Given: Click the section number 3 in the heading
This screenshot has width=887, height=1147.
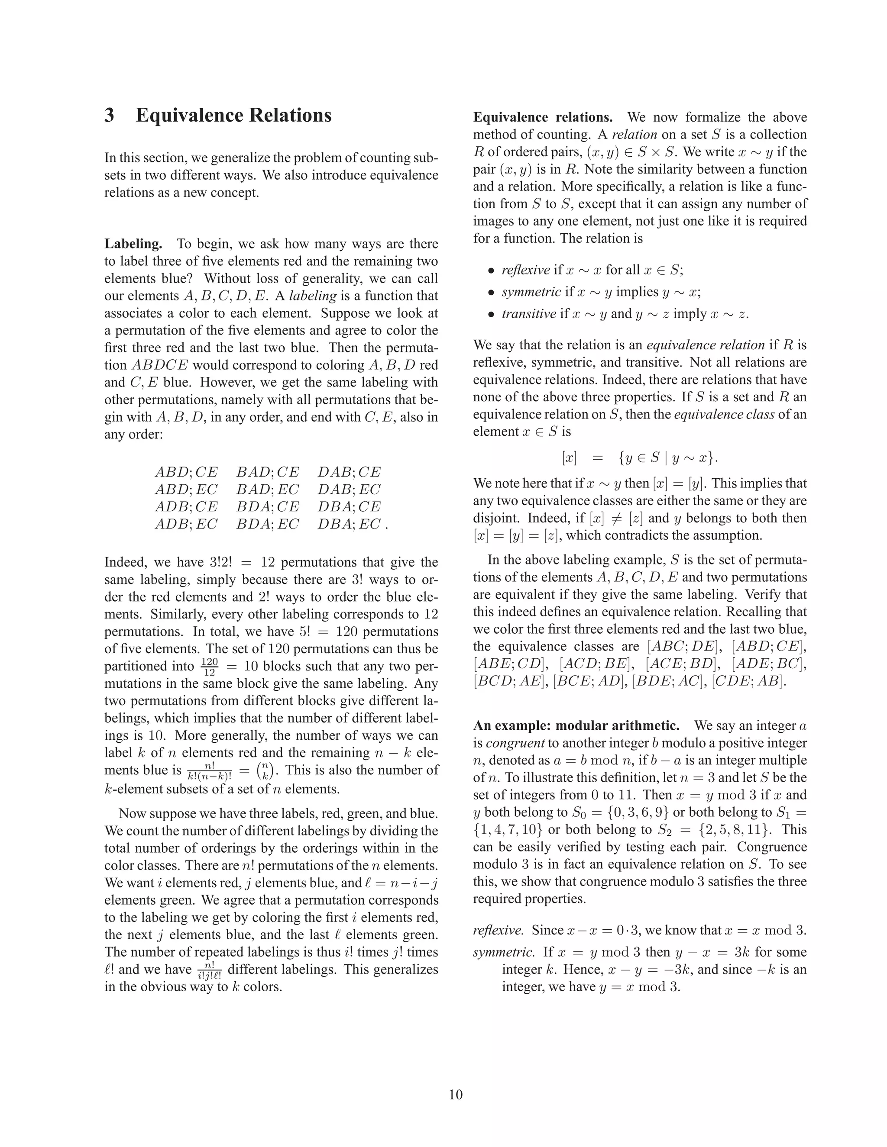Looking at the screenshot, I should pos(109,116).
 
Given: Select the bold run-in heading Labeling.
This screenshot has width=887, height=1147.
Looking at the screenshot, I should pos(133,244).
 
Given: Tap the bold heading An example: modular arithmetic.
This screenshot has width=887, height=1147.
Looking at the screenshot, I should pos(576,725).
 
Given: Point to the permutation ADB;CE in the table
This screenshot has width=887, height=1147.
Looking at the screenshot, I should pos(186,506).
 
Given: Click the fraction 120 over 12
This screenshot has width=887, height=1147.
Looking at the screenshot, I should pos(209,667).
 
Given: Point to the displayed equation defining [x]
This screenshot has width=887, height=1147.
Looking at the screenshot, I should pos(640,458).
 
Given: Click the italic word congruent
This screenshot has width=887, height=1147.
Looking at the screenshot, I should pos(515,743).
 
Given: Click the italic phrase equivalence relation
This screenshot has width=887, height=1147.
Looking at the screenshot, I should pos(705,345).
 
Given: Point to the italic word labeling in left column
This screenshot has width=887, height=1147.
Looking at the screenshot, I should pos(313,296).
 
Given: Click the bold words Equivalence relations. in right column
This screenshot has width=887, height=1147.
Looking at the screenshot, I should pos(542,117).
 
